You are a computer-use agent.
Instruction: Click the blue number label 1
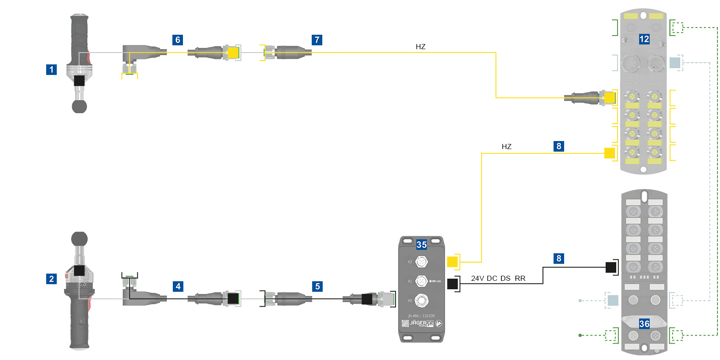51,69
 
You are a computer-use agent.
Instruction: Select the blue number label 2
51,279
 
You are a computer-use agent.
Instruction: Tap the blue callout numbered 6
178,40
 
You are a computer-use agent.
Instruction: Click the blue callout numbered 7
317,40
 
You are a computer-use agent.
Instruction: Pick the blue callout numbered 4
178,286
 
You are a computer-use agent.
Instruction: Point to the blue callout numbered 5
317,286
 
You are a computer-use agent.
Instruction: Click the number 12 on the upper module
644,39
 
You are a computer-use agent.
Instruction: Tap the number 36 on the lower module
644,324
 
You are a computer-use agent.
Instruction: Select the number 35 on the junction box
421,245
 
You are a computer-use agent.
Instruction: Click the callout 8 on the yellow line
559,146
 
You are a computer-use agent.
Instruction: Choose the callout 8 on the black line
559,258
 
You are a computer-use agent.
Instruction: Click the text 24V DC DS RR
498,278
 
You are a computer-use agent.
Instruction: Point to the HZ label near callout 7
420,47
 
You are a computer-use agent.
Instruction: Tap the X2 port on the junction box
421,262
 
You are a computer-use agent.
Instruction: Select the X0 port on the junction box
421,301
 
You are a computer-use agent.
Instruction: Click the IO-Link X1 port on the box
421,281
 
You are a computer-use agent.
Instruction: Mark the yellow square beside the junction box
452,262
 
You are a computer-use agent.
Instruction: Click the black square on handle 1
79,81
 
